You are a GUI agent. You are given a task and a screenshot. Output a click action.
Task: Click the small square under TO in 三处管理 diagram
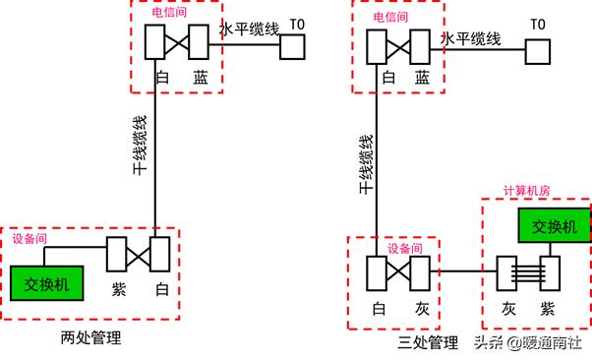537,50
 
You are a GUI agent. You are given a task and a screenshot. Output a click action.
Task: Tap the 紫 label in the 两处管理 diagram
118,291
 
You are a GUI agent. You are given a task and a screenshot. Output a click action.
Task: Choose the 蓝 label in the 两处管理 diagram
201,76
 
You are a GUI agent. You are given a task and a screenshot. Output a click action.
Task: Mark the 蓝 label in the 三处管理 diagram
422,77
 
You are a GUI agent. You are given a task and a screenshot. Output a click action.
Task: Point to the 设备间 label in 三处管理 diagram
404,248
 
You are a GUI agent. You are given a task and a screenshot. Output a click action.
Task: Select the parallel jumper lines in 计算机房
528,273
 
